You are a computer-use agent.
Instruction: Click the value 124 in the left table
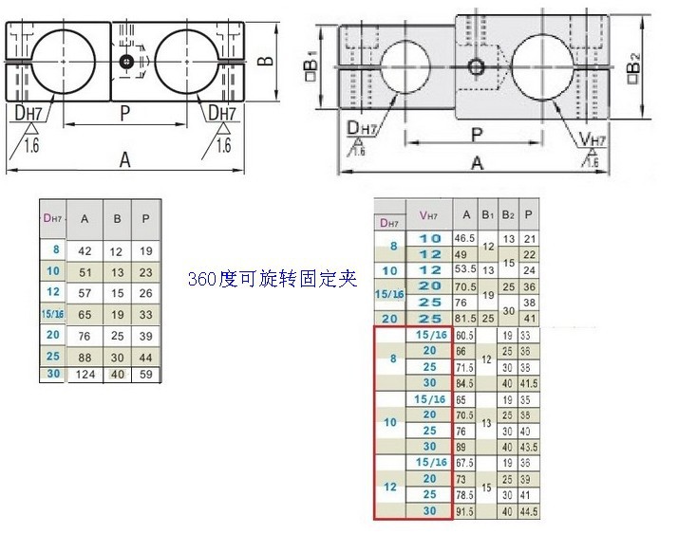[85, 375]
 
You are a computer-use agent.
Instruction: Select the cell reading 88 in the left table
[85, 357]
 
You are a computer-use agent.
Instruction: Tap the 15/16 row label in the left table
[53, 314]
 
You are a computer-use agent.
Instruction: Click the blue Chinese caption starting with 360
[271, 279]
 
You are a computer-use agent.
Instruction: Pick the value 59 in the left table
[145, 375]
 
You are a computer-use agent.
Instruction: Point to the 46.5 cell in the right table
[464, 238]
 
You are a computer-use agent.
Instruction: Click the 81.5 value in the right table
[464, 319]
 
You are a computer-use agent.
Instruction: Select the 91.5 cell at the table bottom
[464, 511]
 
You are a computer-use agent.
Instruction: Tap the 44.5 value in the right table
[530, 511]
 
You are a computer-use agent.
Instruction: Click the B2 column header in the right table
[509, 214]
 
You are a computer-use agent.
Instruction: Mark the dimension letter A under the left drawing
[124, 160]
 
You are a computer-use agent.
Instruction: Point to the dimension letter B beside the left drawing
[268, 62]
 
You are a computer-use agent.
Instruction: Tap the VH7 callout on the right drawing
[594, 140]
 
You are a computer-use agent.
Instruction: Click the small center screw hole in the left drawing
[124, 62]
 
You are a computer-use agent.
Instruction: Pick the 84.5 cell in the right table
[464, 383]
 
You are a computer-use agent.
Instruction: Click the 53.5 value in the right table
[464, 270]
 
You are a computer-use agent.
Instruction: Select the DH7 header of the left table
[53, 219]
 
